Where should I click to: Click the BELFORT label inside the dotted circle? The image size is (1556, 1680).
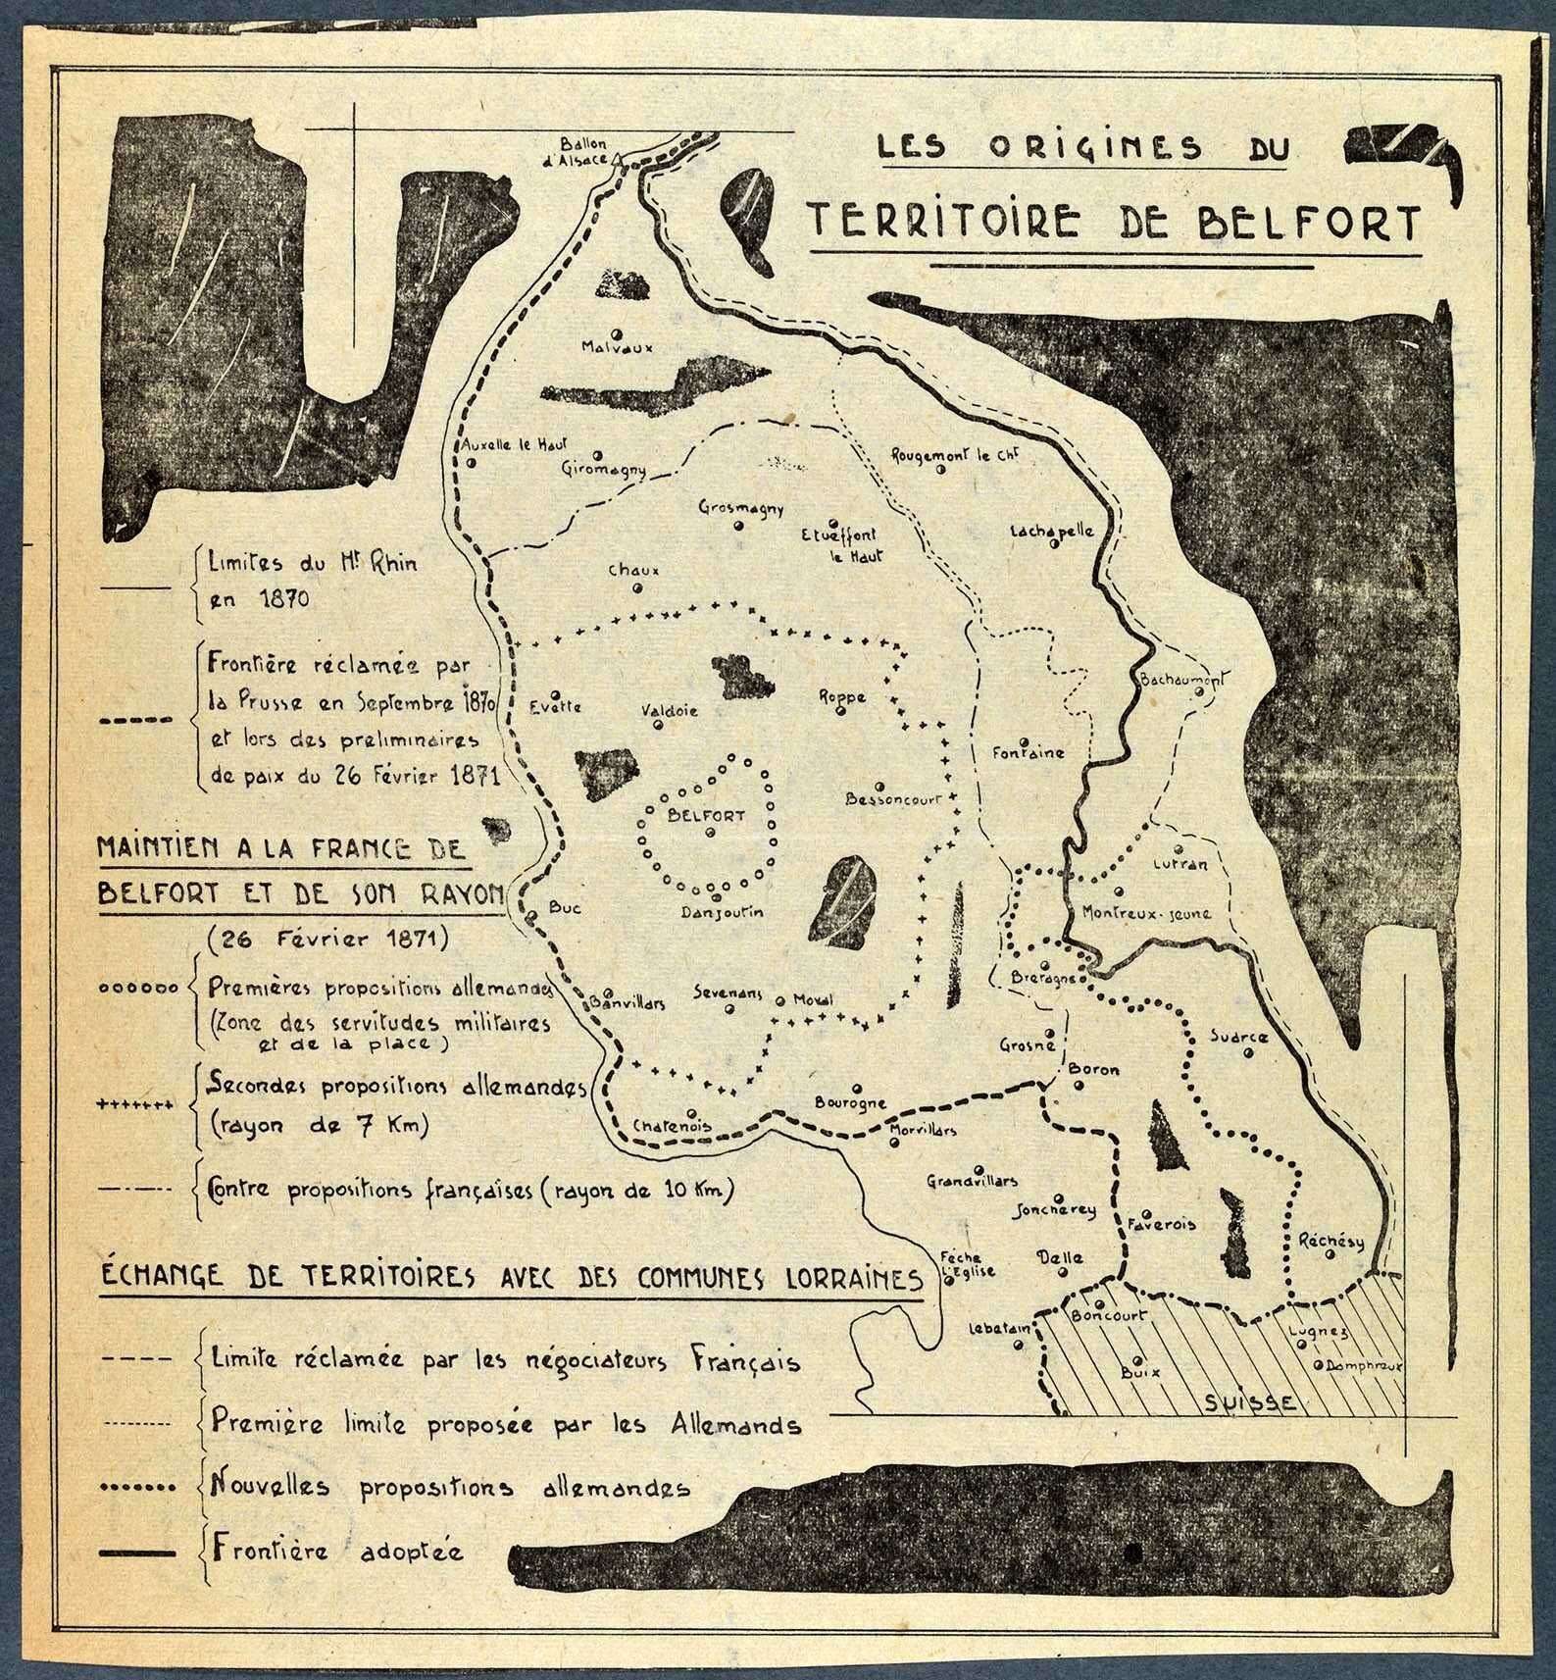pos(705,814)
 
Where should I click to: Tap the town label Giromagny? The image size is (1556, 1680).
pos(604,469)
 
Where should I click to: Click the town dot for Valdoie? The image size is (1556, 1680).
pos(658,726)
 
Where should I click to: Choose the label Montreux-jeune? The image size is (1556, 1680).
pos(1146,913)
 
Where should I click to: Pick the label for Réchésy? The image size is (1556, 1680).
pos(1330,1241)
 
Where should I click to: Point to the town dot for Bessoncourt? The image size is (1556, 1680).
pos(879,786)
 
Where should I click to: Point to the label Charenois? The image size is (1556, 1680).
pos(672,1126)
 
